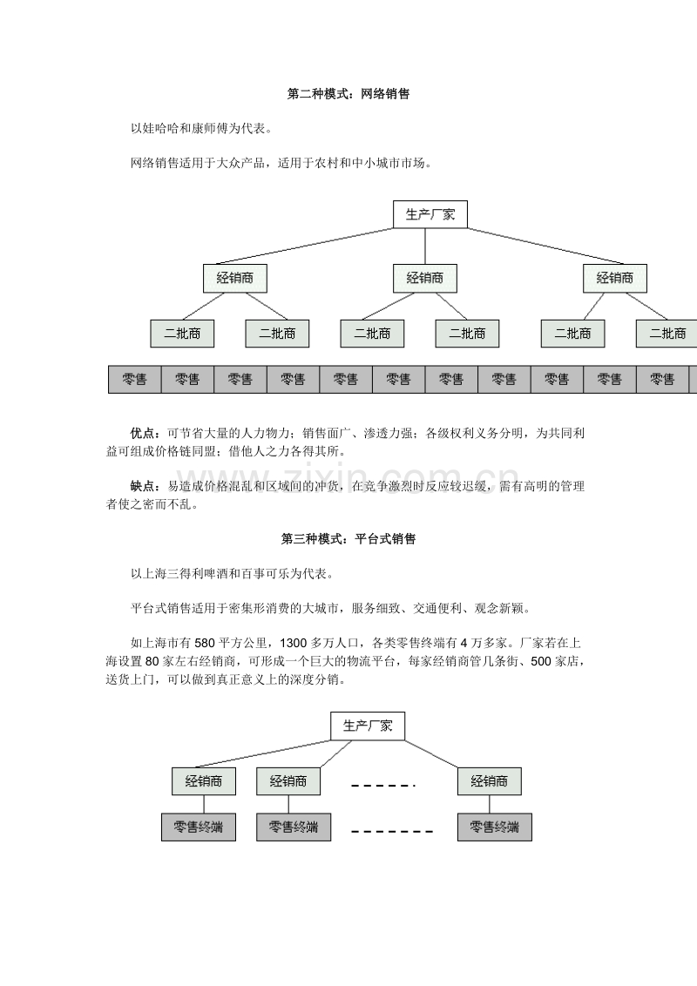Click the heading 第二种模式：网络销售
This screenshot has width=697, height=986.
[x=348, y=94]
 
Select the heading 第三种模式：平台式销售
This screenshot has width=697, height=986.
[x=348, y=539]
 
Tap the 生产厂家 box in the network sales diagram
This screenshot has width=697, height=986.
[x=430, y=214]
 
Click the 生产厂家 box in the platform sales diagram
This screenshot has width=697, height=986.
[x=368, y=726]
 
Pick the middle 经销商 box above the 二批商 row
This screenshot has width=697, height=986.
[x=425, y=279]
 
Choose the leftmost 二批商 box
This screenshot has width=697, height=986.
[x=182, y=334]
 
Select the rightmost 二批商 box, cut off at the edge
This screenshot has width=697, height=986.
[x=667, y=334]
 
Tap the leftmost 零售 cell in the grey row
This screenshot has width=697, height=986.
[x=135, y=380]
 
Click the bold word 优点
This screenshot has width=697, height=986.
[x=143, y=433]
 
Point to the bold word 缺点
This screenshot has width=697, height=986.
[x=143, y=486]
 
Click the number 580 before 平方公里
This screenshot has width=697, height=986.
[x=205, y=644]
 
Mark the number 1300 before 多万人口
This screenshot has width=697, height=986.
[x=293, y=644]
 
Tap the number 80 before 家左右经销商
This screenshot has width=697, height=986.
[x=152, y=661]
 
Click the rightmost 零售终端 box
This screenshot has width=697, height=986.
[x=495, y=827]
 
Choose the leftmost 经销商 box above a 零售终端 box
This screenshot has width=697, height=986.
[x=204, y=781]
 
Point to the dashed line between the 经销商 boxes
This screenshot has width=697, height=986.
[x=383, y=786]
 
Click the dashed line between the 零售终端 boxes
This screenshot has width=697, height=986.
[x=392, y=831]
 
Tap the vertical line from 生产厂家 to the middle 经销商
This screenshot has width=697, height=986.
[x=425, y=246]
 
